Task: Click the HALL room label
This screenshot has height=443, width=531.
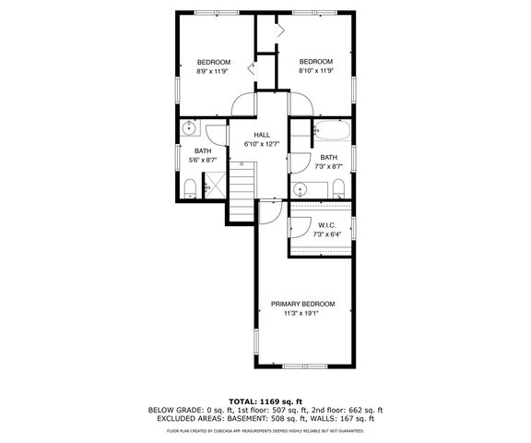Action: (262, 135)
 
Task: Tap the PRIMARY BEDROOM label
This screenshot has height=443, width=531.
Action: (302, 304)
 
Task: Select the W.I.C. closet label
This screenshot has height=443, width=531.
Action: (325, 226)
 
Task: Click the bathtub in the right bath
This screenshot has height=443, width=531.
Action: (330, 131)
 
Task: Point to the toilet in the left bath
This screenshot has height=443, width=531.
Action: (189, 189)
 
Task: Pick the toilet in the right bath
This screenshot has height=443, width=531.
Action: (337, 189)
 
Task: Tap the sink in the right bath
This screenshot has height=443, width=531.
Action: (301, 189)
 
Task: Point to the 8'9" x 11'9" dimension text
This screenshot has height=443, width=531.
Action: (213, 71)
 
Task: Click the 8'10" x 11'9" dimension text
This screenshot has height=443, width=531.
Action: (315, 71)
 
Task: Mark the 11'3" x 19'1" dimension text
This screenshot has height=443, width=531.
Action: (302, 314)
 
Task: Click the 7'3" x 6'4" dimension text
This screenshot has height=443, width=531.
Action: (325, 235)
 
